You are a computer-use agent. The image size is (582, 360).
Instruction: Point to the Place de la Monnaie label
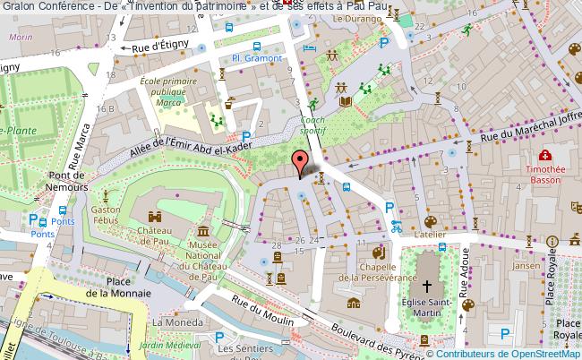tap(115, 287)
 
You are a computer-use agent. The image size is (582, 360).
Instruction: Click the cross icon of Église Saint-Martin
tap(427, 287)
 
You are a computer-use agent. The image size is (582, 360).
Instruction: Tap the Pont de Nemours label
tap(69, 182)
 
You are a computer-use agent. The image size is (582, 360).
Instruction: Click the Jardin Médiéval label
tap(175, 344)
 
